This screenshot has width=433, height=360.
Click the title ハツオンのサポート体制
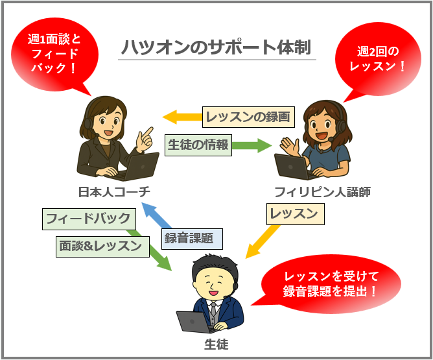tap(216, 47)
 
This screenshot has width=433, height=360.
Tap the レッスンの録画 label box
tap(248, 117)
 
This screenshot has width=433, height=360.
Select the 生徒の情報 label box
tap(198, 145)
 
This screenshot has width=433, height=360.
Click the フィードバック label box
tap(89, 219)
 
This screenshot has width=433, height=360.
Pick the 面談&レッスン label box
tap(102, 246)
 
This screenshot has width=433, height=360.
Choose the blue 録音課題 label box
tap(192, 239)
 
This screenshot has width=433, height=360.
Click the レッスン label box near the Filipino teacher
tap(295, 214)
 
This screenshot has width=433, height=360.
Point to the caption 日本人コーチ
tap(114, 192)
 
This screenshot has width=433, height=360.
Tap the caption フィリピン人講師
tap(322, 192)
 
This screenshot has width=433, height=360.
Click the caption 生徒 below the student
tap(216, 344)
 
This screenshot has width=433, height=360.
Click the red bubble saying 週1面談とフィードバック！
tap(54, 54)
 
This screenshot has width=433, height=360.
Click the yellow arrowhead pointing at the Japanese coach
tap(169, 117)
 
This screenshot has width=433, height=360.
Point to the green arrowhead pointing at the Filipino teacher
tap(265, 145)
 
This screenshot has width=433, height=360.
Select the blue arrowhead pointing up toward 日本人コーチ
tap(148, 209)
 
